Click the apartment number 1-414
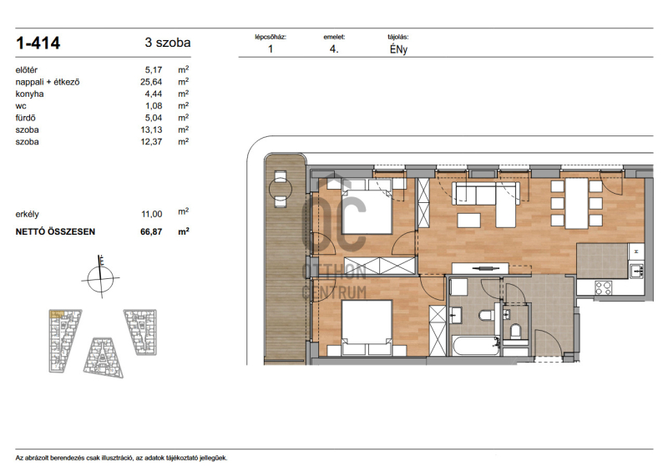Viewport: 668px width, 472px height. tap(38, 43)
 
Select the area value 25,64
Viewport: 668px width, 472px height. tap(151, 82)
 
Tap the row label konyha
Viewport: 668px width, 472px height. tap(29, 94)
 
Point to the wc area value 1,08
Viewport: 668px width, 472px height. tap(154, 106)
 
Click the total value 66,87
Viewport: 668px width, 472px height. tap(151, 231)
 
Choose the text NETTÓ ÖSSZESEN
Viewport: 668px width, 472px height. tap(55, 231)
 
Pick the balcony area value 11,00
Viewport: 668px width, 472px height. tap(152, 214)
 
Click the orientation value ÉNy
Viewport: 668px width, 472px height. tap(398, 49)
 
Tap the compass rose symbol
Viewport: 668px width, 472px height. tap(100, 277)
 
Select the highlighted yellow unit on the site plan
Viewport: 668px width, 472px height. tap(56, 315)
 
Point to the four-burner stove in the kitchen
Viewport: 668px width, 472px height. tap(603, 288)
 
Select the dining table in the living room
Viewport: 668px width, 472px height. tap(576, 203)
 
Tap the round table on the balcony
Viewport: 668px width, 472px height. tap(281, 189)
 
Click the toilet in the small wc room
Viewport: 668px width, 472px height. tap(515, 332)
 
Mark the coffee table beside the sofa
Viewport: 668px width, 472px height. tap(468, 220)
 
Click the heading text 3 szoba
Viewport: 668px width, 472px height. tap(168, 43)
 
